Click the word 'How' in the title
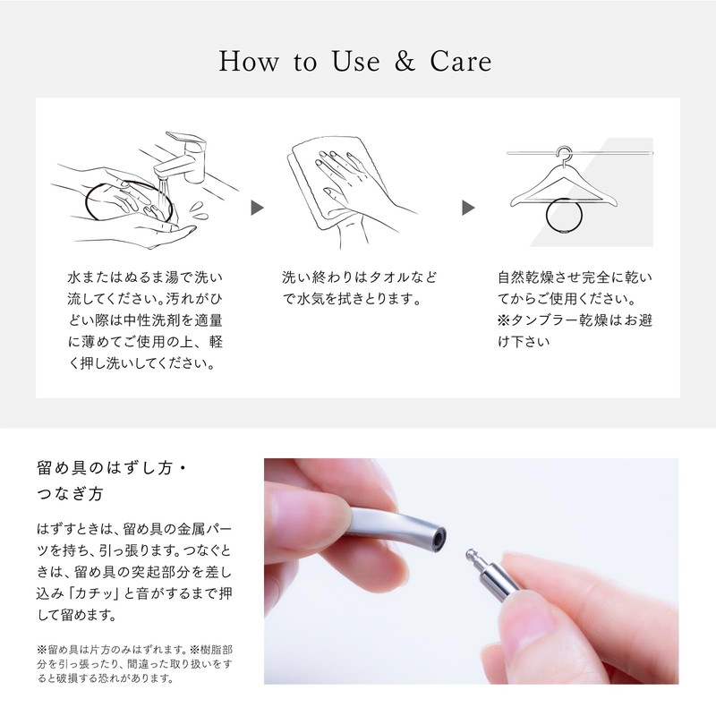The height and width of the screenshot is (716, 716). tap(249, 62)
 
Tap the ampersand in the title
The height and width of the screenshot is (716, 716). tap(405, 62)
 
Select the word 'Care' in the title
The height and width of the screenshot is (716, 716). tap(461, 62)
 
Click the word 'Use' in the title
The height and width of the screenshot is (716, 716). tap(355, 62)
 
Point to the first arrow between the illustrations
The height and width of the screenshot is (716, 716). tap(257, 208)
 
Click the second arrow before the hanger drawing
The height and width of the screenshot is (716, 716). tap(468, 208)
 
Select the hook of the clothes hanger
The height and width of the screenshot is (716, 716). tap(565, 154)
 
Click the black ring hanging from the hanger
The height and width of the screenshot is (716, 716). tap(547, 217)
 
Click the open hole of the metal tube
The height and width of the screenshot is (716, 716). tap(439, 538)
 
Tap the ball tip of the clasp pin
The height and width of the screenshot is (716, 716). tap(470, 553)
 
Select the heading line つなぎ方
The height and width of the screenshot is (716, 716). tap(70, 494)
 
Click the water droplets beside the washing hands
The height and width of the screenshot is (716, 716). tap(199, 210)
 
